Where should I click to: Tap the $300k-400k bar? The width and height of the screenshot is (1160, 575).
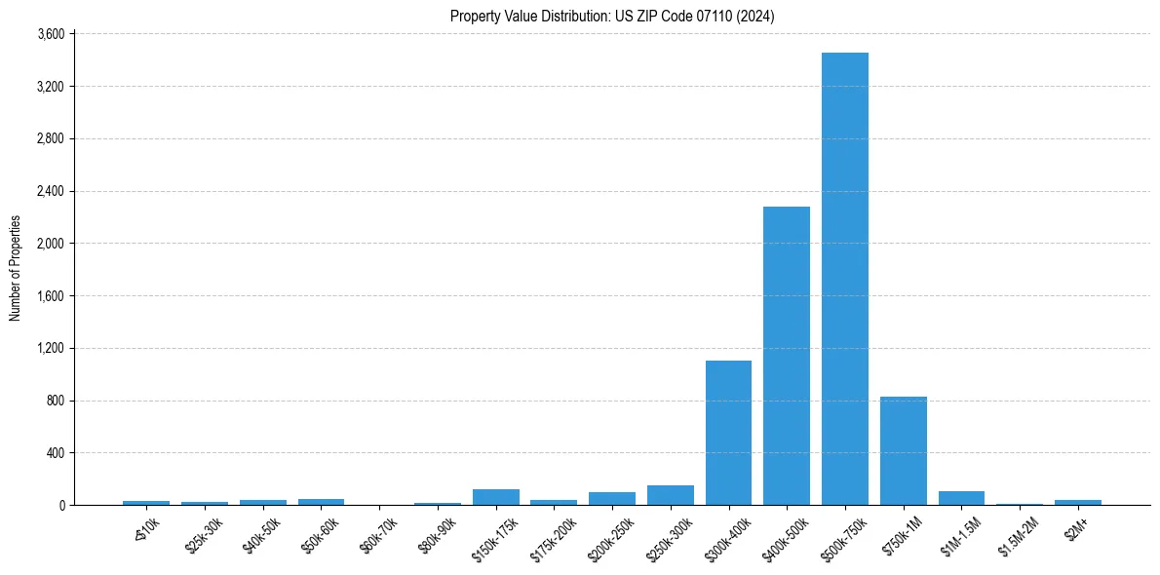click(x=728, y=433)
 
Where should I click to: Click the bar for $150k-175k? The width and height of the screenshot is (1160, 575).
click(x=495, y=497)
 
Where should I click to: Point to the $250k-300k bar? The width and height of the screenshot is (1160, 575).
click(x=670, y=495)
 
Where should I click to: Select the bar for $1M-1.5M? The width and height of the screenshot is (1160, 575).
click(x=961, y=498)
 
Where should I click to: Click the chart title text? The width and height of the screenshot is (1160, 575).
click(x=612, y=17)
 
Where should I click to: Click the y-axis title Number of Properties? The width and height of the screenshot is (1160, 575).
click(x=16, y=268)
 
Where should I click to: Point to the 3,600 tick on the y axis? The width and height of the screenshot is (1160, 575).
click(x=50, y=34)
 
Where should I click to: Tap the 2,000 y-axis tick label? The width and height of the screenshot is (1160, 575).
click(x=50, y=244)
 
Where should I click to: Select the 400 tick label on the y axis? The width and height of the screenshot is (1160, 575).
click(x=55, y=453)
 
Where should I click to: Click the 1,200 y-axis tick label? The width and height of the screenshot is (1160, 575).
click(x=50, y=348)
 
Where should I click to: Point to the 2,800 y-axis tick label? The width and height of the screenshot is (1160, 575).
click(x=50, y=138)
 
